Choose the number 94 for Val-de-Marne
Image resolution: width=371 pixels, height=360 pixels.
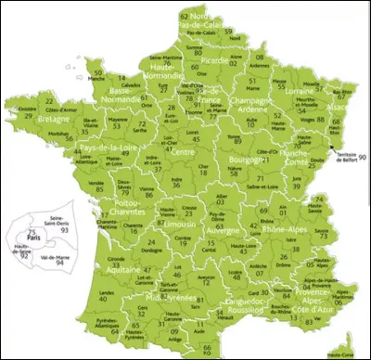pos(61,263)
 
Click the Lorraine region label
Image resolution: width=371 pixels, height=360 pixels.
pos(296,93)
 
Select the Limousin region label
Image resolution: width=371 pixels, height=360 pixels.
pos(175,224)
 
